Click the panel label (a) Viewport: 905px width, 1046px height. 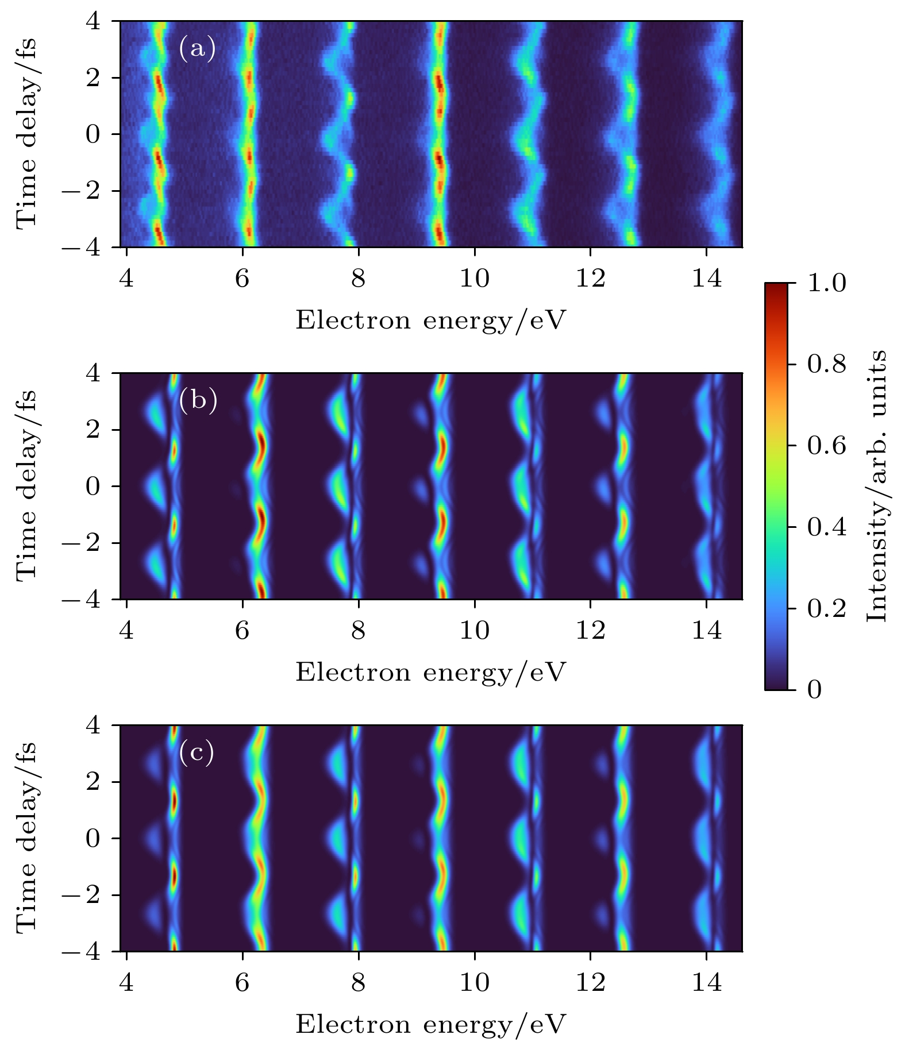(197, 48)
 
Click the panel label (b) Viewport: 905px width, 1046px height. (198, 400)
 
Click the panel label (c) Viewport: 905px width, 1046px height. (197, 752)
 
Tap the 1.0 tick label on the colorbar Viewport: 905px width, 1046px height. (826, 284)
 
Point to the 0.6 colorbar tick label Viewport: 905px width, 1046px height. (826, 446)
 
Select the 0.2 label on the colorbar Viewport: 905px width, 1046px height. (826, 608)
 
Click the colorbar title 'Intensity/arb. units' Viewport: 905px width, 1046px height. (877, 485)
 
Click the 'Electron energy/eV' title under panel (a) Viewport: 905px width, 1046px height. (431, 321)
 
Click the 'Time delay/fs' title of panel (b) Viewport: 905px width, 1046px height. (26, 486)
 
